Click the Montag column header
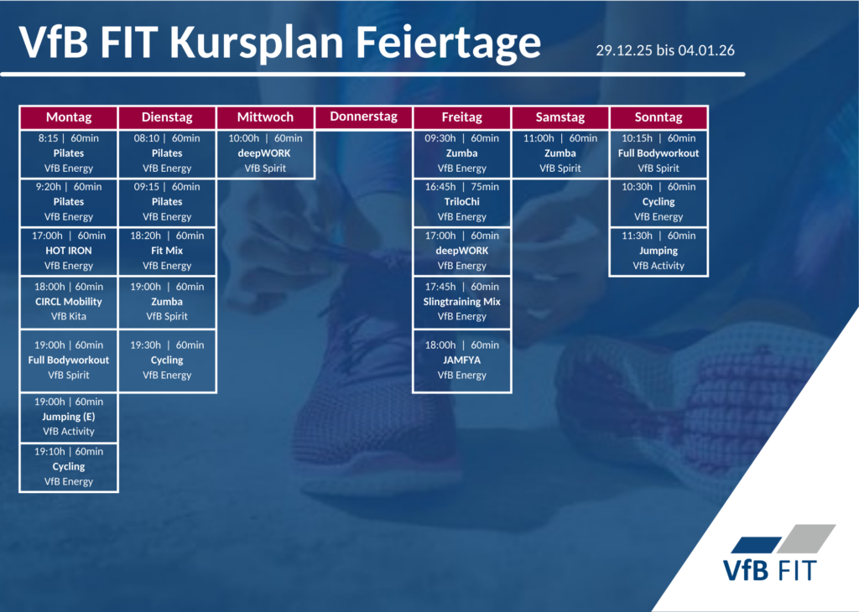69,117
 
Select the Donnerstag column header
364,117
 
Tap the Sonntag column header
659,117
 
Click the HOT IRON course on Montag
69,251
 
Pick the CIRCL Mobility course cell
69,302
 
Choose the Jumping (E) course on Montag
69,417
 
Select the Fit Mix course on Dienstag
167,251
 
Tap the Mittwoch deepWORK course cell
265,153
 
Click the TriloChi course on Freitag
462,202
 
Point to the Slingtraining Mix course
462,302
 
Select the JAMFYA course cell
462,360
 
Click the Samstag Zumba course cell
560,153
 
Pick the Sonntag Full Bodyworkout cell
659,153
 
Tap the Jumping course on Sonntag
659,251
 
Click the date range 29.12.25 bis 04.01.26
665,50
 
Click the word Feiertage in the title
448,43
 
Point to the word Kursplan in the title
257,43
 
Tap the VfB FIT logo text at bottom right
770,570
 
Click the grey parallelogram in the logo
806,539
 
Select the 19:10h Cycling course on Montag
69,467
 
